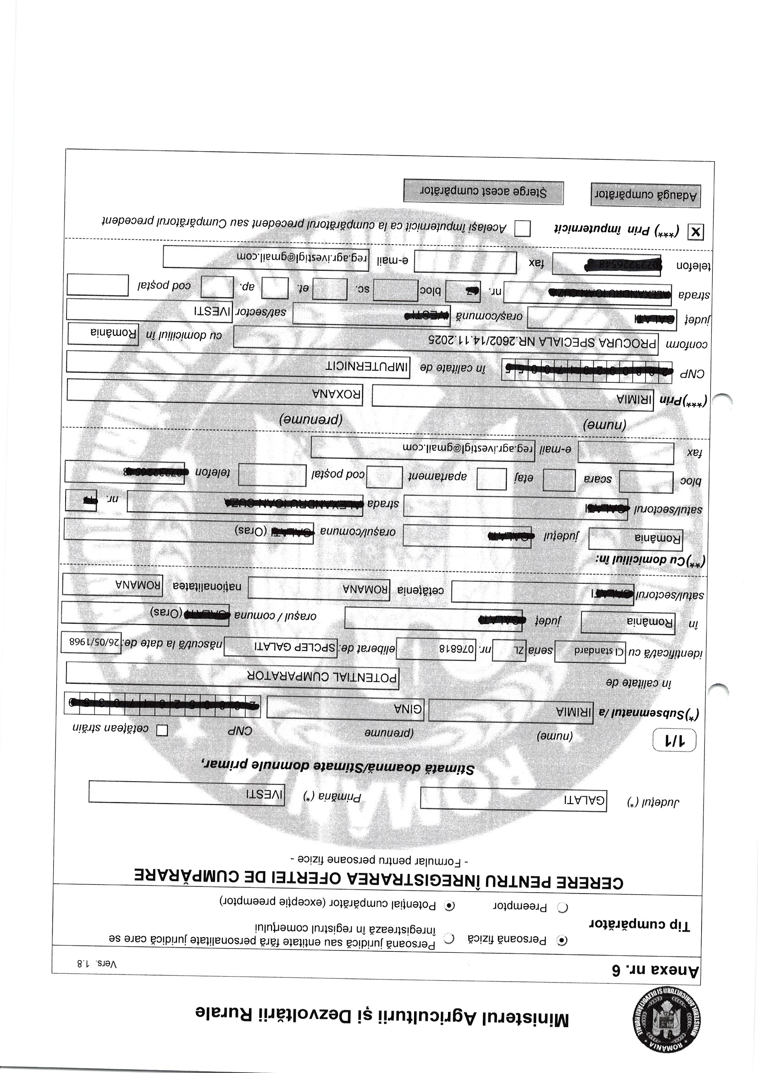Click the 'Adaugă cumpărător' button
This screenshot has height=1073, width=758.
646,195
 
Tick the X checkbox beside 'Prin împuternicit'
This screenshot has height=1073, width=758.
696,232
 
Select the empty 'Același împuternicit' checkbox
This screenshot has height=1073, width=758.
522,229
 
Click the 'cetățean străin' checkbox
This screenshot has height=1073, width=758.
161,730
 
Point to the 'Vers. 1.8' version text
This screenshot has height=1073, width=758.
97,964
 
